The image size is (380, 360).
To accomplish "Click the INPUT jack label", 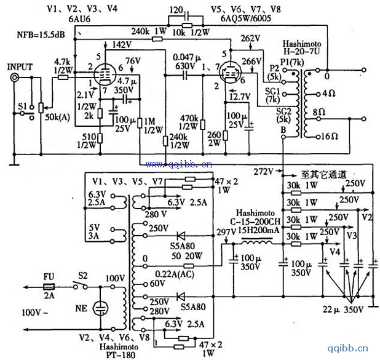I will point(21,65).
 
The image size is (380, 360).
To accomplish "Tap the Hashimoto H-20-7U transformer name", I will point(304,51).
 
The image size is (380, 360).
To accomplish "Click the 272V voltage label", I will point(263,169).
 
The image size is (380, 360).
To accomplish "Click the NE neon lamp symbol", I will point(98,307).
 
